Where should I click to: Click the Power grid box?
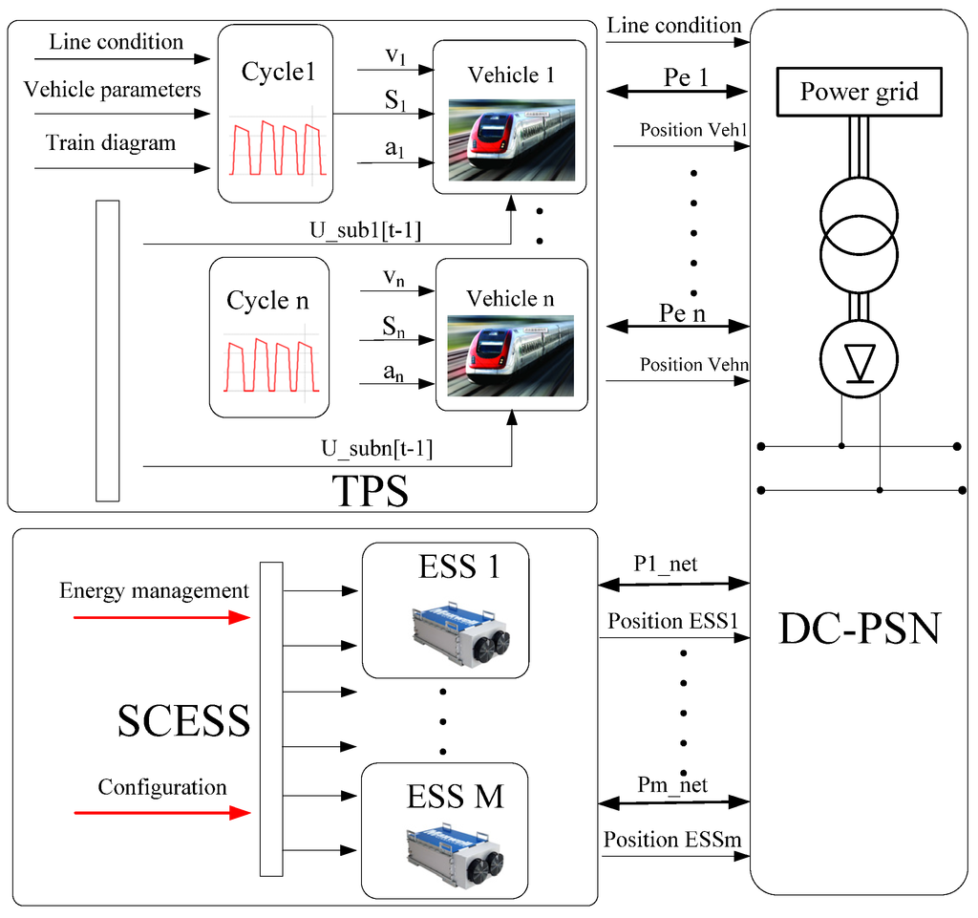click(x=859, y=93)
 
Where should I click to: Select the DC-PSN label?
click(x=861, y=628)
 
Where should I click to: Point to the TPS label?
click(x=370, y=493)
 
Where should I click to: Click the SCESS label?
click(x=183, y=721)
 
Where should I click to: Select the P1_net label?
click(x=666, y=565)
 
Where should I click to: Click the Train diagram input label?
click(x=111, y=143)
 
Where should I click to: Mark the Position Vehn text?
click(x=693, y=365)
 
